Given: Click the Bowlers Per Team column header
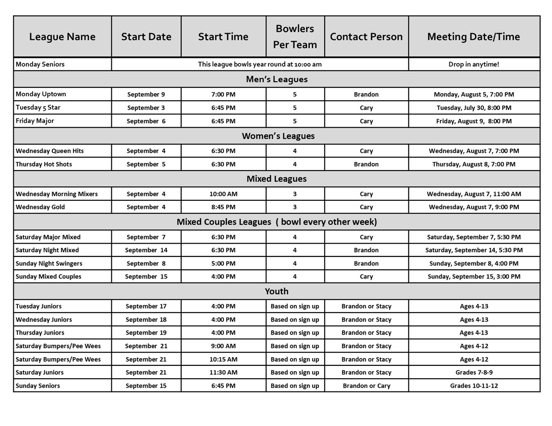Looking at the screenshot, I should click(295, 36).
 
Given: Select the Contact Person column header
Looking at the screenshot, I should click(366, 37).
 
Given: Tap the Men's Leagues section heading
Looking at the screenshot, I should click(276, 79).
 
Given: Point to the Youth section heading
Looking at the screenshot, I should click(276, 291).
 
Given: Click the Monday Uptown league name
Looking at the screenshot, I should click(41, 94).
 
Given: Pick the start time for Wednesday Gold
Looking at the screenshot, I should click(223, 207).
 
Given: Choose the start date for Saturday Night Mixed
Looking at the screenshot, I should click(146, 250).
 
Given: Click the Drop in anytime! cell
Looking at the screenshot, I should click(473, 64).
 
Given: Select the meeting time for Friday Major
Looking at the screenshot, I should click(474, 121).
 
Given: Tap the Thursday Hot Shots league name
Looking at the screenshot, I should click(44, 165).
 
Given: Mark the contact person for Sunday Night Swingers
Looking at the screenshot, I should click(366, 264).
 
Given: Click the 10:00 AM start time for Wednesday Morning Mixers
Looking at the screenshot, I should click(223, 194).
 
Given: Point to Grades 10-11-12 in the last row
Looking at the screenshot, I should click(474, 386).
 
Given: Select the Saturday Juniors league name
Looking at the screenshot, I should click(40, 373).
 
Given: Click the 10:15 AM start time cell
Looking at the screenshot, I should click(223, 359).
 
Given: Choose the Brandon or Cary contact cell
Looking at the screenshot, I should click(366, 386).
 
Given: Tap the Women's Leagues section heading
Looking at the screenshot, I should click(278, 136).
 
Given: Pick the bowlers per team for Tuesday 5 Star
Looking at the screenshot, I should click(295, 108).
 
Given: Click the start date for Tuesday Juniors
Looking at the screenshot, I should click(146, 307).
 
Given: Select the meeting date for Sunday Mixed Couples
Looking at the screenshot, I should click(474, 277).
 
